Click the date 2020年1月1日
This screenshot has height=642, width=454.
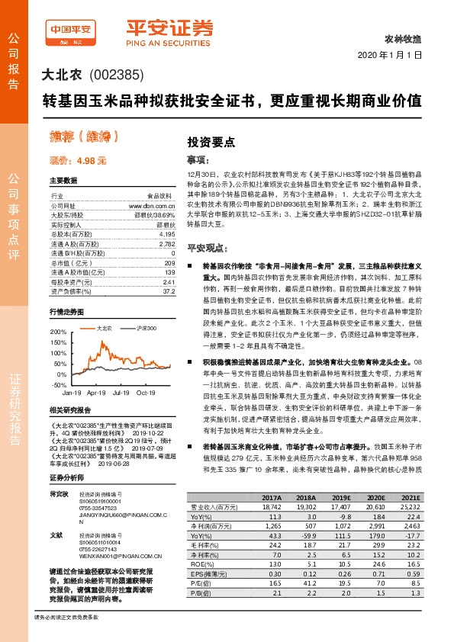click(x=389, y=56)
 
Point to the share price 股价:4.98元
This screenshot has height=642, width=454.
click(x=78, y=161)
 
